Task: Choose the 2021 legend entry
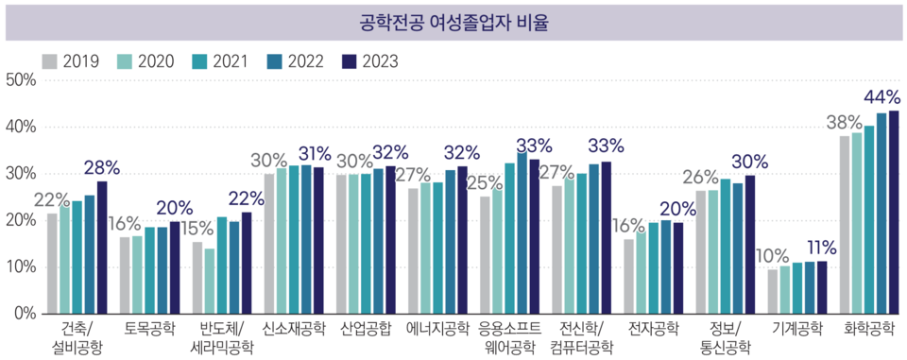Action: [222, 61]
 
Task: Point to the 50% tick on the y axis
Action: [20, 80]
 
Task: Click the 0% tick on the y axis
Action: [24, 313]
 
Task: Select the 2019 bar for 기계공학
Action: [773, 291]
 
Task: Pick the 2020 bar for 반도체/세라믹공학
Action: [210, 281]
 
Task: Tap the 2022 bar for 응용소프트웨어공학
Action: [522, 232]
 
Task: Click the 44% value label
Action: [881, 97]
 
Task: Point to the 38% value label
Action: [841, 122]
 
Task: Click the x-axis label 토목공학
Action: [150, 329]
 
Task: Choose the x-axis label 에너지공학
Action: [437, 329]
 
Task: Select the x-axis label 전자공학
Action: [654, 329]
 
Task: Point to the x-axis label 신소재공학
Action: [294, 329]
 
